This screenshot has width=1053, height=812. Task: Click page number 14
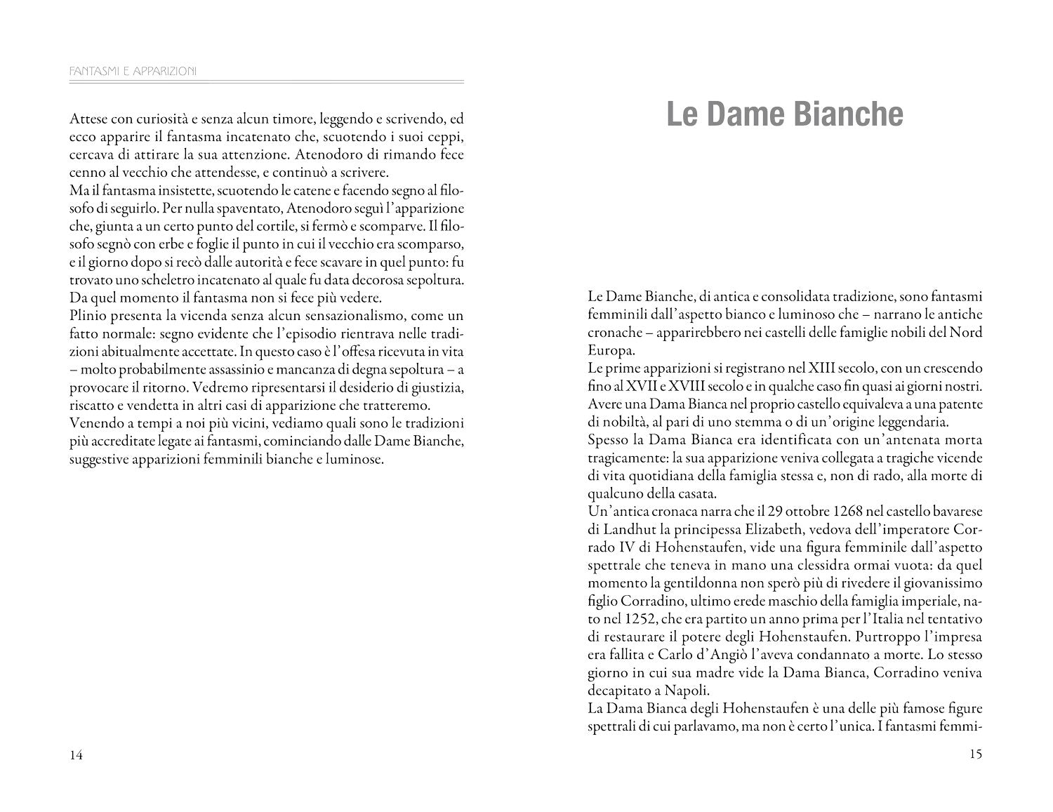click(x=77, y=755)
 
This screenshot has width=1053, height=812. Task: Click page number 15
click(x=975, y=754)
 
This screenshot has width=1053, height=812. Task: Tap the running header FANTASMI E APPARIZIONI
click(x=133, y=71)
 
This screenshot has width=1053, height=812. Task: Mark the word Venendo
click(x=95, y=424)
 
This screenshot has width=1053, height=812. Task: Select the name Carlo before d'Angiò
click(x=674, y=655)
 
